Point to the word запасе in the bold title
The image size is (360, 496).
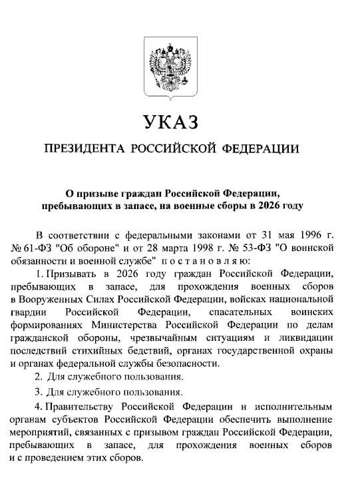tap(150, 206)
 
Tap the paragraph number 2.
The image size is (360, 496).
tap(39, 377)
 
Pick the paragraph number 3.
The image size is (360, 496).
tap(39, 391)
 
